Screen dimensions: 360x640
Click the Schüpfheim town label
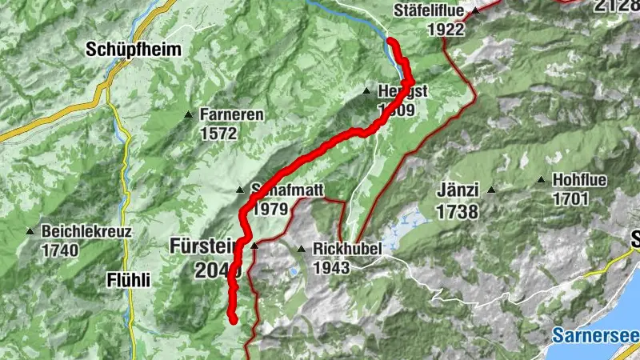(x=134, y=50)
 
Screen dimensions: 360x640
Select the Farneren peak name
(x=232, y=114)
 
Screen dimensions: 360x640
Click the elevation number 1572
(x=219, y=133)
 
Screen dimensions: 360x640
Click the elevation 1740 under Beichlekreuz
(x=60, y=250)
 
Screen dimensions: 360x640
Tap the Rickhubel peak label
(x=348, y=249)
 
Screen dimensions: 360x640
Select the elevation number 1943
(x=331, y=268)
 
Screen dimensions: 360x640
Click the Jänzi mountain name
(x=458, y=191)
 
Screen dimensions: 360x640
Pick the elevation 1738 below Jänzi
(x=458, y=212)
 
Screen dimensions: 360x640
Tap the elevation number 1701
(x=570, y=199)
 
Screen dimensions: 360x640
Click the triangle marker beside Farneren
(x=188, y=114)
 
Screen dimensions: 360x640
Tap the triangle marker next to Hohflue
(x=542, y=180)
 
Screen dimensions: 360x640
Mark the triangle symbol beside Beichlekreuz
(x=30, y=232)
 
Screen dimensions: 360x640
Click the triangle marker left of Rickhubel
(x=302, y=249)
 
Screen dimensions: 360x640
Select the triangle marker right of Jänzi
(x=491, y=190)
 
